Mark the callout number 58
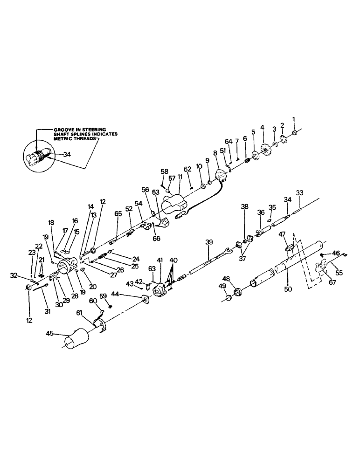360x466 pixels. tap(165, 171)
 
